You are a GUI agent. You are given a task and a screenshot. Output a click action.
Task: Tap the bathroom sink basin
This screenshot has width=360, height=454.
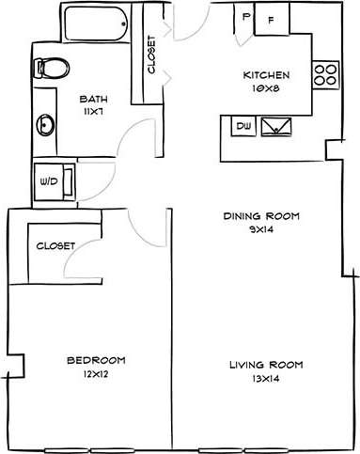pyautogui.click(x=46, y=124)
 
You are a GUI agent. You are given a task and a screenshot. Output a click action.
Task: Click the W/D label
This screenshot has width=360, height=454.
pyautogui.click(x=47, y=182)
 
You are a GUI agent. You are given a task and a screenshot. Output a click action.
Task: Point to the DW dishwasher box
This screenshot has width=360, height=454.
pyautogui.click(x=243, y=125)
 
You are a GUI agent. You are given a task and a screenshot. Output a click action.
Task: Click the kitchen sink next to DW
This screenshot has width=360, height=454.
pyautogui.click(x=277, y=126)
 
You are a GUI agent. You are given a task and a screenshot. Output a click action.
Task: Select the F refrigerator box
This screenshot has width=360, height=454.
pyautogui.click(x=272, y=19)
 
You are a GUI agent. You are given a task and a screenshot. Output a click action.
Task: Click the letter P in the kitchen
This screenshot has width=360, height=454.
pyautogui.click(x=245, y=17)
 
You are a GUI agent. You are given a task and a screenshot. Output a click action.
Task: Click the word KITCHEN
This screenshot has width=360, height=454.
pyautogui.click(x=268, y=76)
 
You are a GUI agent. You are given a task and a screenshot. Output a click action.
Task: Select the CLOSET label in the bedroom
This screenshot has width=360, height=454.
pyautogui.click(x=55, y=245)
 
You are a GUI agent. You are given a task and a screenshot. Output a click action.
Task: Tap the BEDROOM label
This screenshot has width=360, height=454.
pyautogui.click(x=97, y=361)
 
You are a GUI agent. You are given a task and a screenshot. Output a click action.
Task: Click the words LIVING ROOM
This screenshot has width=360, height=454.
pyautogui.click(x=261, y=365)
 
